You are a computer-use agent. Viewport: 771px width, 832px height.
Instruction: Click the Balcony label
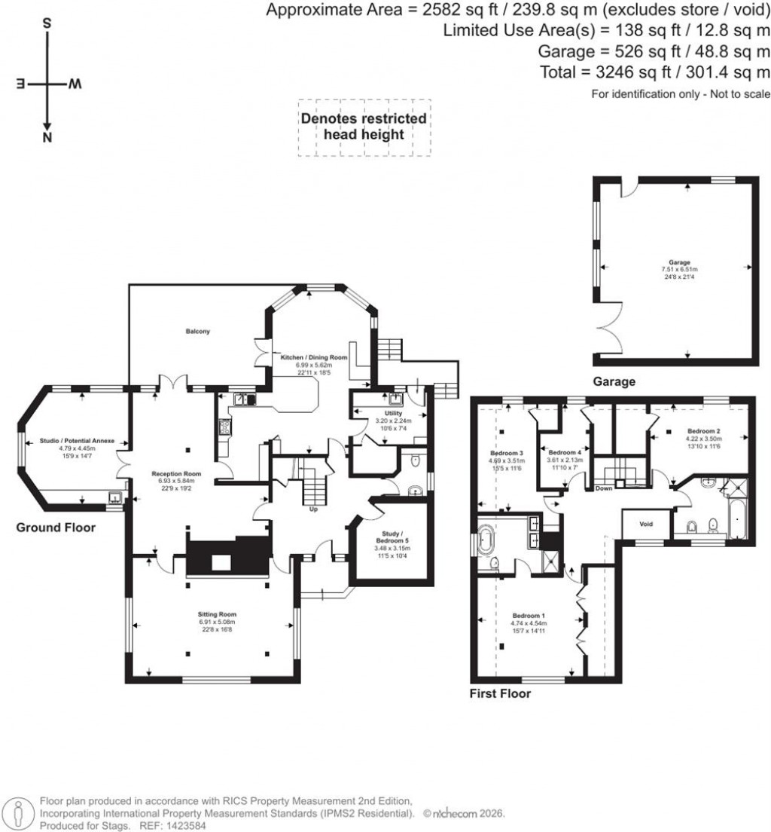199,331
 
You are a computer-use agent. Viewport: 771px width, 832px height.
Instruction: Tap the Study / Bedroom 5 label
390,536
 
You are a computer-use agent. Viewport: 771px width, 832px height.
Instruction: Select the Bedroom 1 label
531,615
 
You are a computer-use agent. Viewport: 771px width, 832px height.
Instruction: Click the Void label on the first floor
645,524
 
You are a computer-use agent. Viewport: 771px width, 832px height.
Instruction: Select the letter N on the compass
47,138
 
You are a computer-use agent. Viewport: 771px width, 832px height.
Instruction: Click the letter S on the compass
47,23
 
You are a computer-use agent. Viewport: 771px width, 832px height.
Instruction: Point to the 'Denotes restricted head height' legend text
364,127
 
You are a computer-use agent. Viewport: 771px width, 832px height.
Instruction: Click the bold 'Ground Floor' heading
56,528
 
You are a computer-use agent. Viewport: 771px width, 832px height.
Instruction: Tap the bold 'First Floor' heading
501,693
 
